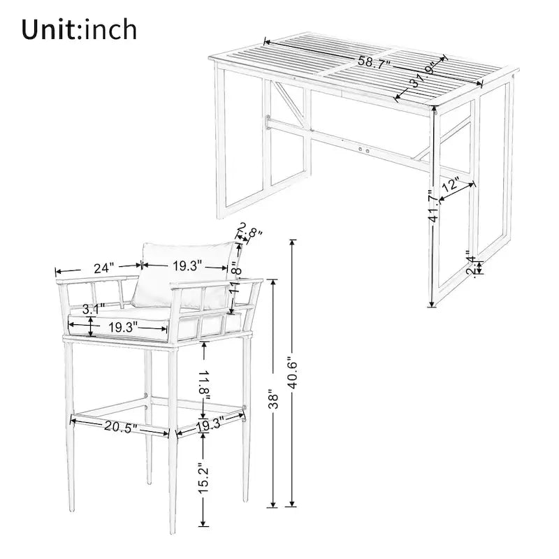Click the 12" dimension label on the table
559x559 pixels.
tap(451, 185)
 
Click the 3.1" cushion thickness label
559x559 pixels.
tap(93, 307)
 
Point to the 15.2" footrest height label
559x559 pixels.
tap(203, 477)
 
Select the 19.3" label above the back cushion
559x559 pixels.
tap(187, 266)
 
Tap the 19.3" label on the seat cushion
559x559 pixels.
tap(122, 326)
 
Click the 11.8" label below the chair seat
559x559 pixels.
tap(203, 383)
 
